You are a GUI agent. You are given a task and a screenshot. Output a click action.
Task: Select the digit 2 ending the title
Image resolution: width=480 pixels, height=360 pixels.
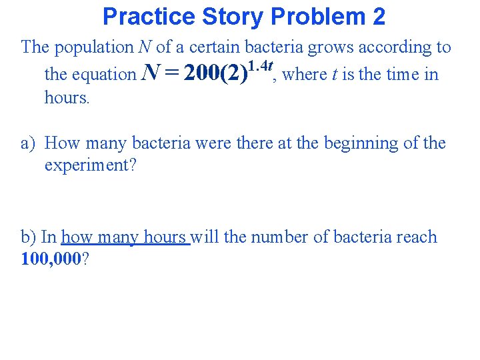tap(378, 16)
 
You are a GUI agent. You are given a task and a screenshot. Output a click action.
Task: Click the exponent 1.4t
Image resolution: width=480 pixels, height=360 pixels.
tap(261, 65)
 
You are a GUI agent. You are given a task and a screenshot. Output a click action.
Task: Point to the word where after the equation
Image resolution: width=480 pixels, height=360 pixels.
tap(305, 74)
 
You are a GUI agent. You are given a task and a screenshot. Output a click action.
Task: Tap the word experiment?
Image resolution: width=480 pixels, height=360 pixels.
tap(90, 165)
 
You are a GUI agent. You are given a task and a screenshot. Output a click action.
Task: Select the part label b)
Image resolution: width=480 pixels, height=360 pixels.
tap(29, 237)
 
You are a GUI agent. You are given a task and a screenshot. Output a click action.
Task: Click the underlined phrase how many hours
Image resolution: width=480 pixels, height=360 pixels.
tap(125, 238)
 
